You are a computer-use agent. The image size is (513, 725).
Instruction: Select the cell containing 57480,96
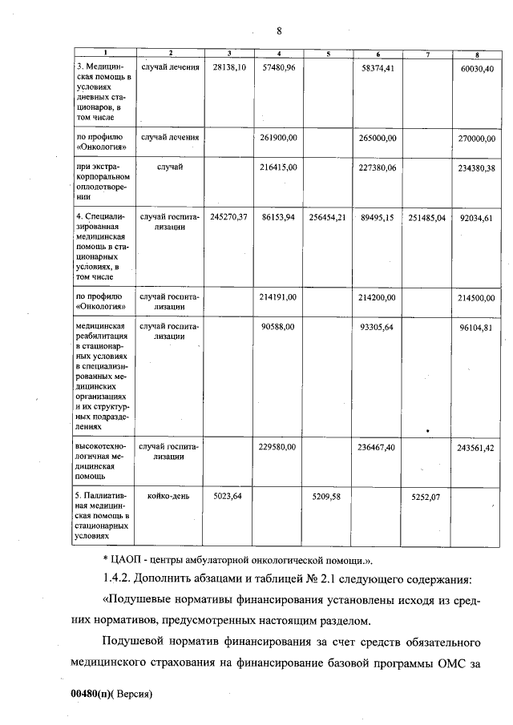coord(279,69)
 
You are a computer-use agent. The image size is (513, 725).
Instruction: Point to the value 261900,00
coord(279,138)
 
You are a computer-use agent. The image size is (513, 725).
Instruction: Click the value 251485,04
coord(426,217)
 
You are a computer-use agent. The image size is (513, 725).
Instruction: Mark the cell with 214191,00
coord(279,296)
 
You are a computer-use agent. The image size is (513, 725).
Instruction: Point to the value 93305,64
coord(378,327)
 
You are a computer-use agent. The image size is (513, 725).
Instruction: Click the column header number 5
coord(329,54)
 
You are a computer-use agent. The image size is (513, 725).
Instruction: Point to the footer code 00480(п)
coord(91,694)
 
